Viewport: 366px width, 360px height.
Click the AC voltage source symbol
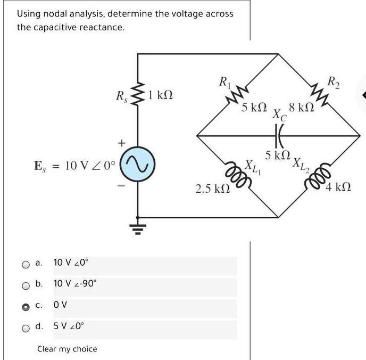(138, 165)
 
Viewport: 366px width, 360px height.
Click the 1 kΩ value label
(161, 96)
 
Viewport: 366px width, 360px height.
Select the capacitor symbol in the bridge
(278, 136)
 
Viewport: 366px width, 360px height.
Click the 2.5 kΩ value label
(212, 189)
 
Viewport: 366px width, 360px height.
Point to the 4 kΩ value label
(338, 187)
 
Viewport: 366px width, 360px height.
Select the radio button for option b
(26, 285)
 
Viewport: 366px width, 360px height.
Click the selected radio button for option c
(26, 307)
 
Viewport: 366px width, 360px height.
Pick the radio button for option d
(26, 328)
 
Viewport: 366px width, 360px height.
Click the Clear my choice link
(67, 349)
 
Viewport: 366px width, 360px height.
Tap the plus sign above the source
(122, 143)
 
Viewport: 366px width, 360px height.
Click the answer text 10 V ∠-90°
(75, 284)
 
